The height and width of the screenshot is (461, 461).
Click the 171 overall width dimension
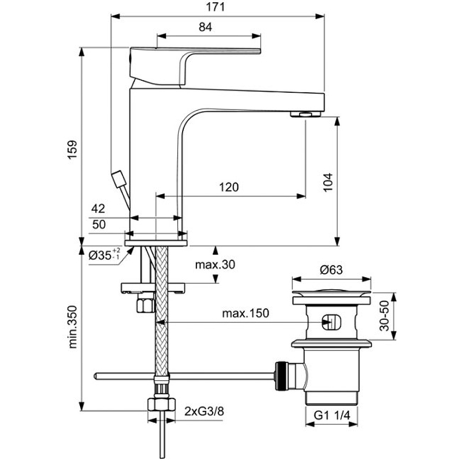point(216,7)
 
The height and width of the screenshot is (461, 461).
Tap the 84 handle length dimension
point(205,27)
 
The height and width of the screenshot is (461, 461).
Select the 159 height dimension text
point(73,150)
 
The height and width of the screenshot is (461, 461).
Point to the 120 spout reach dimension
point(229,187)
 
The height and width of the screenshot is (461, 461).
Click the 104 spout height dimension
point(328,182)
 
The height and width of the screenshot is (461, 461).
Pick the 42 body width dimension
point(98,209)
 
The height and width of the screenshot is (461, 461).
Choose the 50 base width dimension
point(99,224)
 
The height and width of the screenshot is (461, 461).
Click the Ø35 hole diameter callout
point(104,255)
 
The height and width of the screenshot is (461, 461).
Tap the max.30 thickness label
point(215,264)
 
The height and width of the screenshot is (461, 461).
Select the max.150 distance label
point(245,313)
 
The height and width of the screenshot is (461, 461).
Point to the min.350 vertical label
point(73,327)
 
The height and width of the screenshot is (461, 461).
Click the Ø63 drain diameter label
point(331,270)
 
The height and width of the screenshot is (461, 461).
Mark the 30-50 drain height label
point(384,316)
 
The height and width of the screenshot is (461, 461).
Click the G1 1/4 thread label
point(332,415)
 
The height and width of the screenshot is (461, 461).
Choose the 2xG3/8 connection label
point(204,411)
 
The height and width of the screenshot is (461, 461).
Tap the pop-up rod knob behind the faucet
point(119,179)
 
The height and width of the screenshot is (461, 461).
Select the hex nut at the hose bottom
point(161,405)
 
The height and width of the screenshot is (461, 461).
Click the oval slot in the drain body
point(331,322)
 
